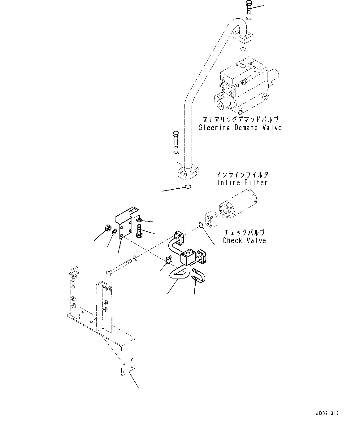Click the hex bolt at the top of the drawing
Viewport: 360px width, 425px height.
point(249,7)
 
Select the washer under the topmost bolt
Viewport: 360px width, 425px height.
point(249,19)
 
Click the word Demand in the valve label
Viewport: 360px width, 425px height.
point(246,128)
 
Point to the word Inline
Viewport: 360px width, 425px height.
point(229,182)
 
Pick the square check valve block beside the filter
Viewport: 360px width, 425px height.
point(212,220)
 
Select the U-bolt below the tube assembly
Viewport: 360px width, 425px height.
point(199,275)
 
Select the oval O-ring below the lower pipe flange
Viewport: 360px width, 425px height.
point(188,186)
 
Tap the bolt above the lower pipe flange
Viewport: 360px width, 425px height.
point(176,139)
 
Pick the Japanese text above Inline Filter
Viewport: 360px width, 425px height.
point(242,175)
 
